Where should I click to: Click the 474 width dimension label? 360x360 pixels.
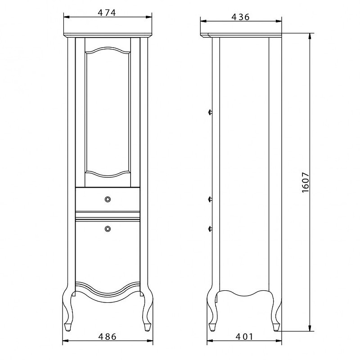click(107, 13)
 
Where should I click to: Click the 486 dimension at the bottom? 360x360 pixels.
click(107, 337)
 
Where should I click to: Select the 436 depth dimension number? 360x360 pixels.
click(240, 17)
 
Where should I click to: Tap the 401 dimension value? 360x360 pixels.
click(244, 337)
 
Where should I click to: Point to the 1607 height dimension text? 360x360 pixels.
click(306, 182)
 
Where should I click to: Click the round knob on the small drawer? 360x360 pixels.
click(108, 199)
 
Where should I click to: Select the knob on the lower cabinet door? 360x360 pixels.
click(108, 229)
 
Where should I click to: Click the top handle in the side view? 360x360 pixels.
click(210, 112)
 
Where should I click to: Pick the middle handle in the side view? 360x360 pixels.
click(210, 199)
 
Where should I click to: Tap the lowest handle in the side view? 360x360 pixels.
click(210, 228)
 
